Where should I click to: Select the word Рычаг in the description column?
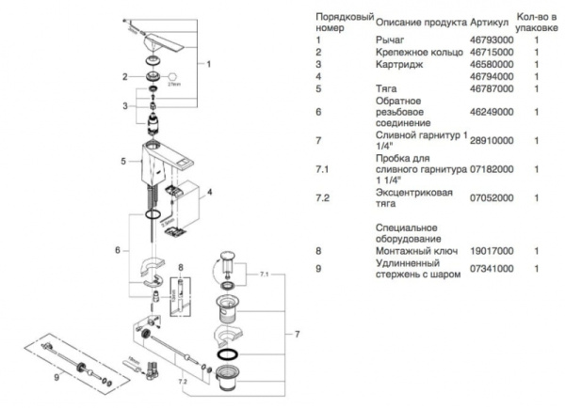[x=388, y=40]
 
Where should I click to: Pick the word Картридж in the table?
[x=396, y=65]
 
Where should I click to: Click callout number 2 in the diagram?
[x=123, y=76]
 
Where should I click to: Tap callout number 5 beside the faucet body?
[x=123, y=162]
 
